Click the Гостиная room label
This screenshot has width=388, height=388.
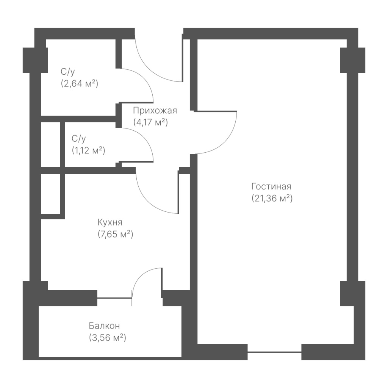tap(271, 186)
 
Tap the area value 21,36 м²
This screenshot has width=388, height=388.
tap(272, 199)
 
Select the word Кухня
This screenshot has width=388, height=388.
tap(110, 222)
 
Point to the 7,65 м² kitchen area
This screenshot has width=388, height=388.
tap(115, 234)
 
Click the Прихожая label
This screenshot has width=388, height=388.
tap(155, 111)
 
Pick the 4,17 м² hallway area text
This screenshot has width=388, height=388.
tap(150, 122)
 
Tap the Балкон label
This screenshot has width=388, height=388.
tap(104, 326)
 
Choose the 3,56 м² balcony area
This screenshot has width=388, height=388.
tap(107, 338)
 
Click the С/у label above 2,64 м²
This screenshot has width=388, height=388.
tap(67, 72)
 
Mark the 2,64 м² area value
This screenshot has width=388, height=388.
tap(80, 84)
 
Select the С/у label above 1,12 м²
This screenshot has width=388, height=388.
tap(79, 139)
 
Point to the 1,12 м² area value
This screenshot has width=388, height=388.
tap(88, 150)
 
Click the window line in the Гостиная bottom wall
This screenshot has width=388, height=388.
tap(274, 352)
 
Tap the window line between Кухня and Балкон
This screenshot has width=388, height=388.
tap(114, 298)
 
